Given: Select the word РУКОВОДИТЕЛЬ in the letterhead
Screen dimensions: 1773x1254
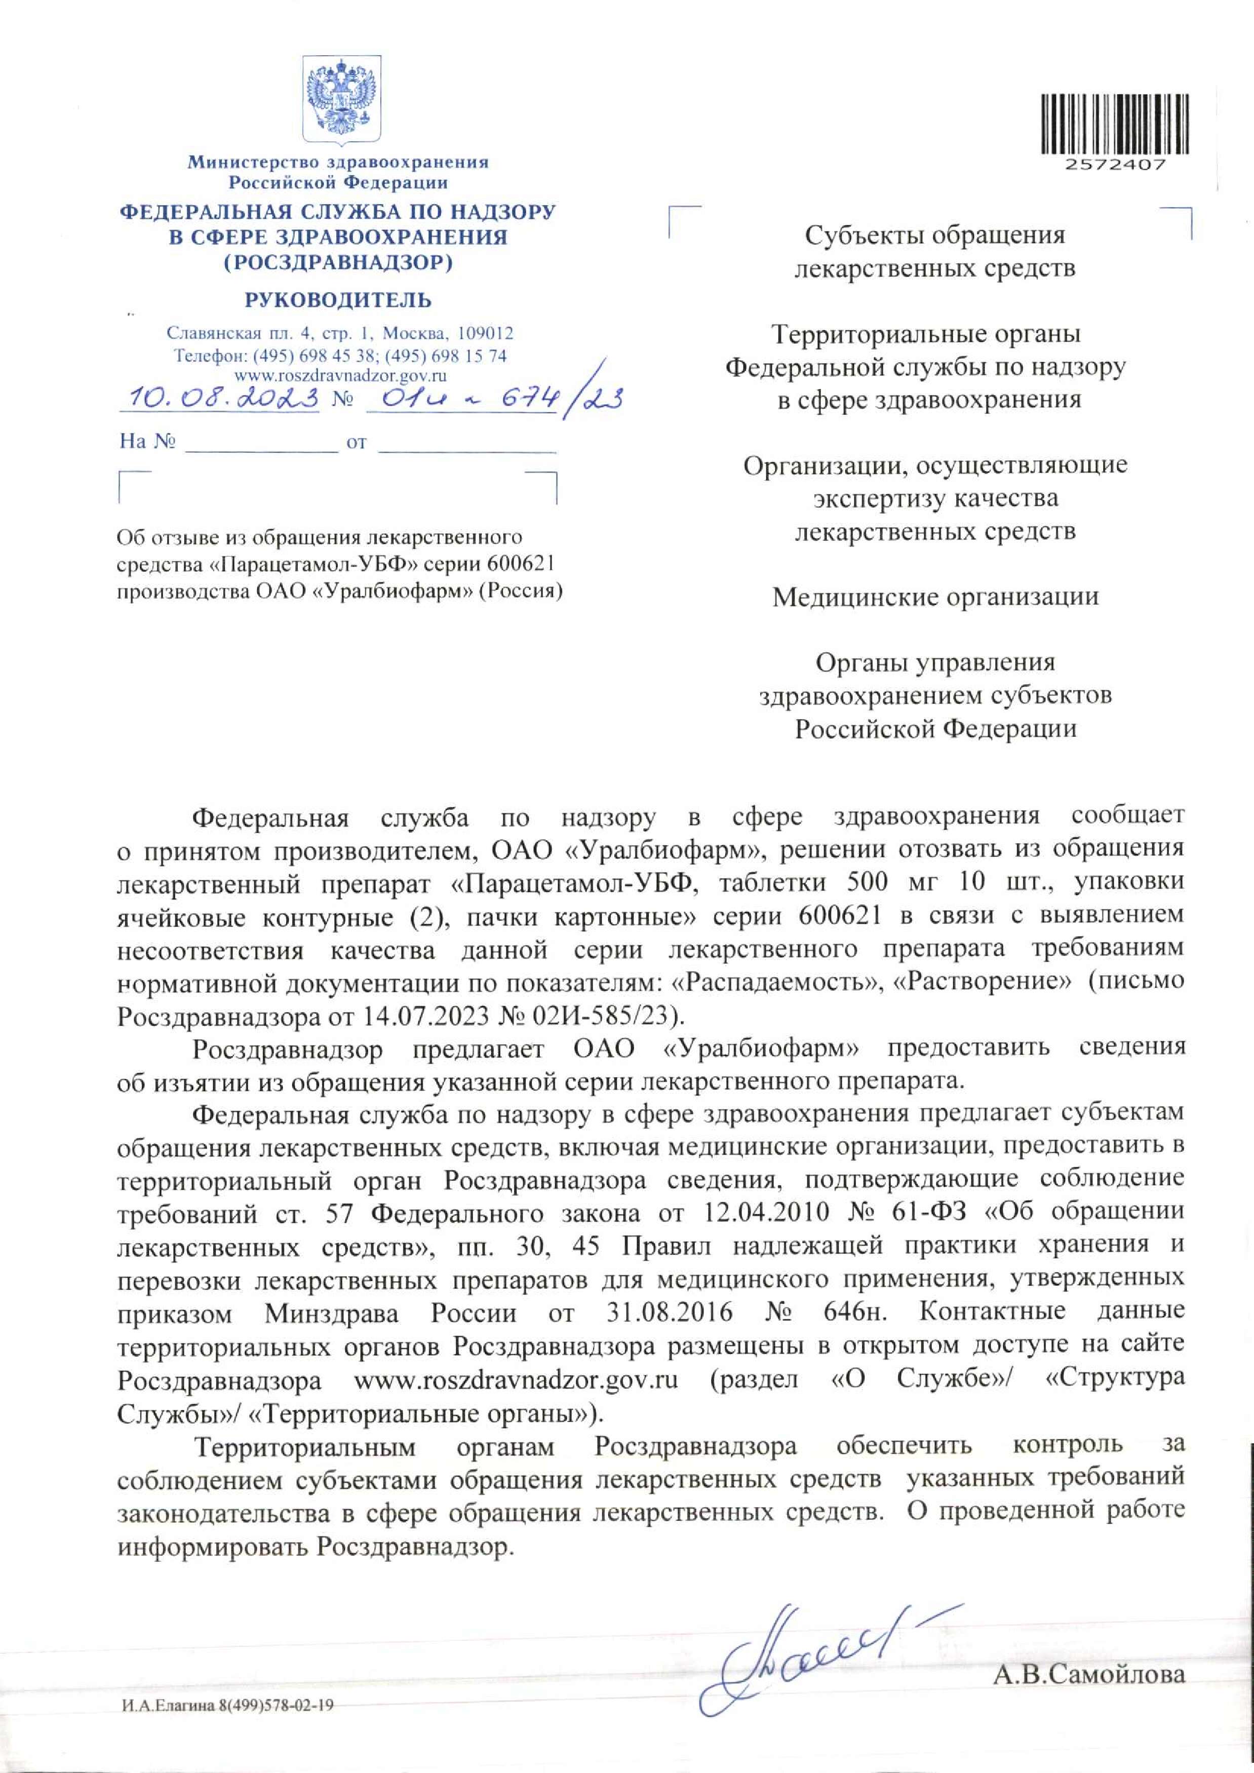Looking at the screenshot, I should coord(338,300).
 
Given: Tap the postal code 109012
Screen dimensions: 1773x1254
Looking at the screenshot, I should coord(485,334).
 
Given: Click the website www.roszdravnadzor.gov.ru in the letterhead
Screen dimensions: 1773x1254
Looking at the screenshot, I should coord(340,375).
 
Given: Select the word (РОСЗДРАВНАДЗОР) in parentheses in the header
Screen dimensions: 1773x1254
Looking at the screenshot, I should coord(338,262).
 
